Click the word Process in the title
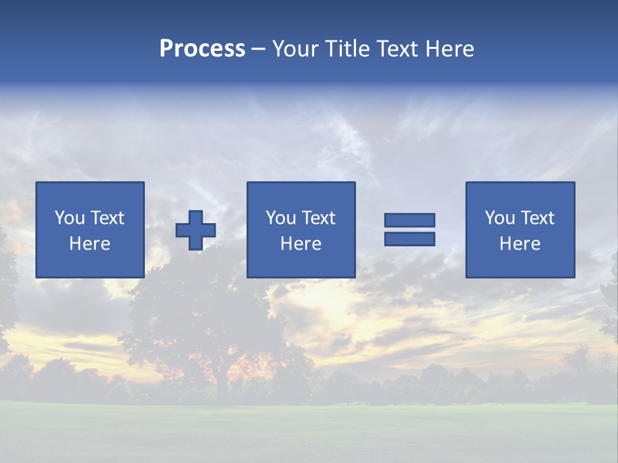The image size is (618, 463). tap(202, 49)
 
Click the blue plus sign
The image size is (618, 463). tap(196, 230)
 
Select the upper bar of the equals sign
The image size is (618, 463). tap(409, 221)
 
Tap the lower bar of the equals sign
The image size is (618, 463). tap(409, 239)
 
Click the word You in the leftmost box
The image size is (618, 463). tap(70, 218)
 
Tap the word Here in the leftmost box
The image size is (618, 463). tap(89, 244)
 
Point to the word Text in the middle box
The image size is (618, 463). tap(318, 218)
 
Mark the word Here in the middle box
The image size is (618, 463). tap(301, 244)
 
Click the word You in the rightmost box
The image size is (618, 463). tap(500, 218)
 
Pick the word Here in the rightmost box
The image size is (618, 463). tap(520, 244)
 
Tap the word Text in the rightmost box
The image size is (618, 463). tap(537, 218)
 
